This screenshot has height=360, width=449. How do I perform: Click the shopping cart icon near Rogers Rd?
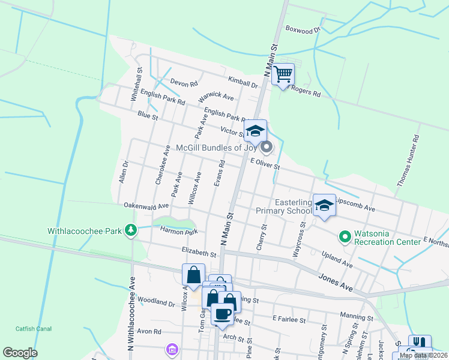[x=283, y=75]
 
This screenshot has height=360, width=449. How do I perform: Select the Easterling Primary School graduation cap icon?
[x=324, y=206]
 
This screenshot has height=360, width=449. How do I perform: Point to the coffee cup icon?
[x=223, y=314]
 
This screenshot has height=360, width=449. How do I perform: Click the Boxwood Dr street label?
[x=303, y=28]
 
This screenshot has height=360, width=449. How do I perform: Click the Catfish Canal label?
[x=34, y=329]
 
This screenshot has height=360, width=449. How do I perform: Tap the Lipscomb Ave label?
[x=355, y=205]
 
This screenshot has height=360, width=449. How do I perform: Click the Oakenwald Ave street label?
[x=146, y=205]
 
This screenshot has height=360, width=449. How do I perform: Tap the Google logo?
[x=20, y=353]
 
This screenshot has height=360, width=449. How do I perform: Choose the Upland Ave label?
[x=337, y=259]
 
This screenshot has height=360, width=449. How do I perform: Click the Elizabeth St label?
[x=198, y=252]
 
